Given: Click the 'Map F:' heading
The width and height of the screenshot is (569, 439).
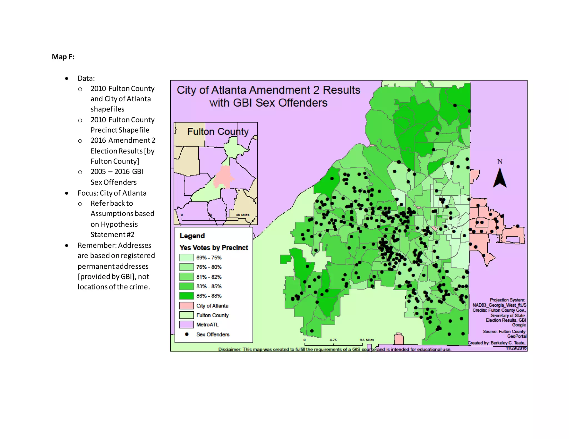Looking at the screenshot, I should point(63,57).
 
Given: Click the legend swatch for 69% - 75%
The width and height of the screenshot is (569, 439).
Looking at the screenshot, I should point(186,258).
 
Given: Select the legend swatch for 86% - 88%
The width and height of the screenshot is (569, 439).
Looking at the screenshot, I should point(186,296).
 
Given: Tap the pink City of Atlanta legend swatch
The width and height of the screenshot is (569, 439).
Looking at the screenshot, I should point(186,306).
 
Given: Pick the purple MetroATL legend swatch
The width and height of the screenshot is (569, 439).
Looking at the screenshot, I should point(186,324).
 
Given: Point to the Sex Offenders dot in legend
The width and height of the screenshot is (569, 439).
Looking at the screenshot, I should point(187,334).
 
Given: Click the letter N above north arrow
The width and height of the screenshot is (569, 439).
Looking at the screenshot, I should point(500,162).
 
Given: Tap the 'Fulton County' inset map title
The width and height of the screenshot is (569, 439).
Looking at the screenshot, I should point(218,132).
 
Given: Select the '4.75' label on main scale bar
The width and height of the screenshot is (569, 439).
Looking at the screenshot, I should point(333,340).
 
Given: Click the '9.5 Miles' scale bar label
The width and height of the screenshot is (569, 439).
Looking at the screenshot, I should point(367,340).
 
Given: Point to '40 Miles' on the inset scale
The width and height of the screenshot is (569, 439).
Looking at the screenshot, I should point(243,215).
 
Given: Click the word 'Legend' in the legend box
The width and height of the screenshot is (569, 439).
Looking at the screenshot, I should point(192,236).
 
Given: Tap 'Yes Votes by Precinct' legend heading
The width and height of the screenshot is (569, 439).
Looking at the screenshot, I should point(214,248).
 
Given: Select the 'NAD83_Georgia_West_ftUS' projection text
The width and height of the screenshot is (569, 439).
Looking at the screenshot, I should point(499,305).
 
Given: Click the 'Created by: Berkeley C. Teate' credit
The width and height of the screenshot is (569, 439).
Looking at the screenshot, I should point(496,343).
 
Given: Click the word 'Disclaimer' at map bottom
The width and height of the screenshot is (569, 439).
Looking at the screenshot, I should point(229,349).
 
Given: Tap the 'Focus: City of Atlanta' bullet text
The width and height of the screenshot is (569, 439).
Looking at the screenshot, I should point(112,193).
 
